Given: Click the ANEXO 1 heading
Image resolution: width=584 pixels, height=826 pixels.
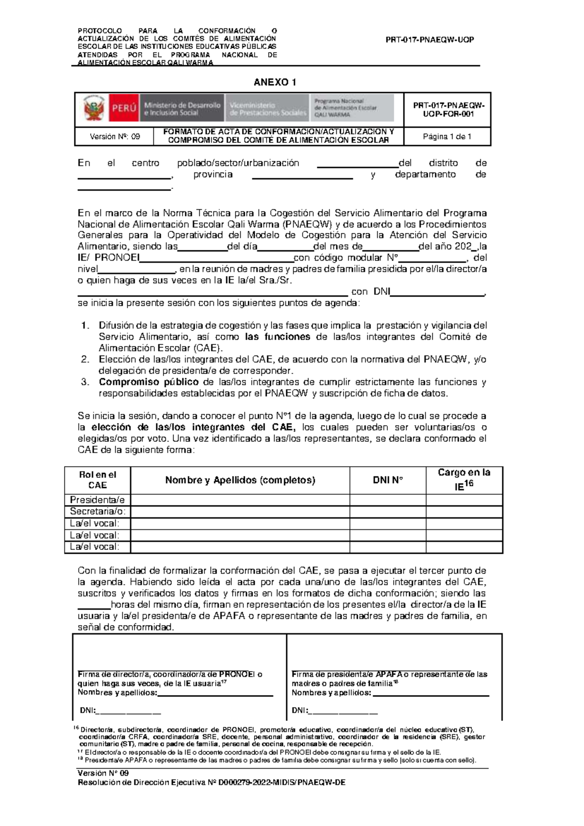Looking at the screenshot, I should [x=274, y=82].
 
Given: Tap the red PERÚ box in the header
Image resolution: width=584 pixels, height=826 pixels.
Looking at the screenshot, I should [x=124, y=108].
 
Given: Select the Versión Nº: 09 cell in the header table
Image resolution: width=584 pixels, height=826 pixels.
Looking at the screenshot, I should [x=114, y=137].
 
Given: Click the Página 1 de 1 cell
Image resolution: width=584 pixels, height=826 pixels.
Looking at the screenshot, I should [x=447, y=137].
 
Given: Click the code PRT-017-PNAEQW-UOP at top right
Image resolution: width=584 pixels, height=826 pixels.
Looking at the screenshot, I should [x=429, y=40].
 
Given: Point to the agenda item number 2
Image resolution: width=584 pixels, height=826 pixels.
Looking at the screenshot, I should [x=86, y=359].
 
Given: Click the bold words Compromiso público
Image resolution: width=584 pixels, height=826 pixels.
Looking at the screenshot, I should [x=148, y=382].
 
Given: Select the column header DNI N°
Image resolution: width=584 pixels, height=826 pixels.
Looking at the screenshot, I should [x=387, y=480].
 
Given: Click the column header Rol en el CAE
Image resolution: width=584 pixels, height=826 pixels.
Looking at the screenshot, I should [x=97, y=480].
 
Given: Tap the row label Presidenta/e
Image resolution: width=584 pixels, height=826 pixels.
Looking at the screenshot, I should [x=97, y=500].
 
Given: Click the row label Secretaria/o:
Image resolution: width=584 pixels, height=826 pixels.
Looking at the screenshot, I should [x=97, y=511].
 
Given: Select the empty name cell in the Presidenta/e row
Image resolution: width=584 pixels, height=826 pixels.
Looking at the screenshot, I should [x=240, y=500].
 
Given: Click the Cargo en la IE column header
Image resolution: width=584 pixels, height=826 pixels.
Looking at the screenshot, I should [x=464, y=479].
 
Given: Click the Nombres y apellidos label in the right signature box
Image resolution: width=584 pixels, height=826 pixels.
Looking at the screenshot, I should [x=331, y=693].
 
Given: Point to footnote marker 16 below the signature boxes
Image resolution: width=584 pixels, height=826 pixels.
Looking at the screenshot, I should [x=75, y=728].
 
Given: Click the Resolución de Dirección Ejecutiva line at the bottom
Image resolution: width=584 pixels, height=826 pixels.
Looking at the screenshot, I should [x=212, y=783].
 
